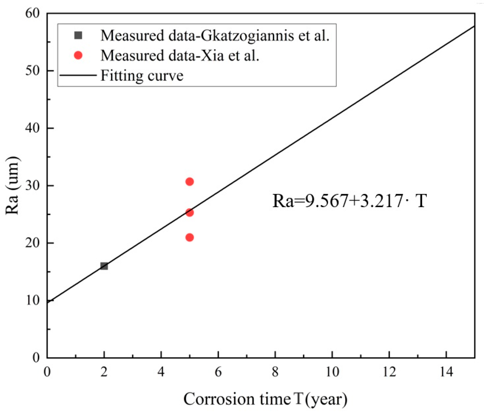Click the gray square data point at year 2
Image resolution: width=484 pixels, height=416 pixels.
[104, 266]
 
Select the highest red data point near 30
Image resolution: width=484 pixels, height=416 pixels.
[189, 182]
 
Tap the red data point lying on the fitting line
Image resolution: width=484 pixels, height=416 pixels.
[189, 212]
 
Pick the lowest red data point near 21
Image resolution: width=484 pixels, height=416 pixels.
[189, 237]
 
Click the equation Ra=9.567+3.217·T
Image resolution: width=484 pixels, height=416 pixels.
[349, 201]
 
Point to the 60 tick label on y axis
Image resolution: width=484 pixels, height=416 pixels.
[32, 13]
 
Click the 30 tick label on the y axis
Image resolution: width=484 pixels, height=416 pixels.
[32, 185]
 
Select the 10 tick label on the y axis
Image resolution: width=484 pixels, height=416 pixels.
[32, 300]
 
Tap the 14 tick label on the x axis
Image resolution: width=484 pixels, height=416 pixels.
[446, 372]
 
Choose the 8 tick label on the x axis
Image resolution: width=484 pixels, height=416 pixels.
[275, 372]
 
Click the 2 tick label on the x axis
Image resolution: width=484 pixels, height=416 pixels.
[104, 372]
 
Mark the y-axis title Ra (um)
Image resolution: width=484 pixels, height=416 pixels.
[12, 185]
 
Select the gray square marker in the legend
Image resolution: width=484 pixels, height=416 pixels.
[78, 35]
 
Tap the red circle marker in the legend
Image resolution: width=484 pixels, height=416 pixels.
[78, 55]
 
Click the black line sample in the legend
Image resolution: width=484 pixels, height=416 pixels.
[78, 75]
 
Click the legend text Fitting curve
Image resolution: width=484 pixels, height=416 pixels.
[142, 76]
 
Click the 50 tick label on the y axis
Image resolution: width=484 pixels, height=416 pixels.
[32, 71]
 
